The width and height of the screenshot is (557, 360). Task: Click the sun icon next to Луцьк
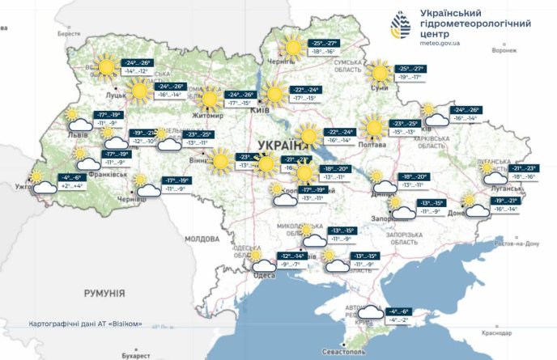(x=105, y=67)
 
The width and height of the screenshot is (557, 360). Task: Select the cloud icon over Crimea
(x=371, y=314)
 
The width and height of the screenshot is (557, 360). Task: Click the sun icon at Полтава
(x=373, y=127)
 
